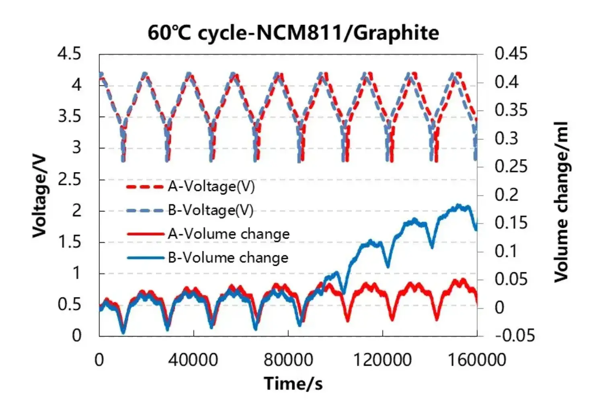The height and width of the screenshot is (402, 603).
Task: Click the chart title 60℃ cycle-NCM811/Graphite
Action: (293, 33)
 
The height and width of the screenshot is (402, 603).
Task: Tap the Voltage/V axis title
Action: (40, 197)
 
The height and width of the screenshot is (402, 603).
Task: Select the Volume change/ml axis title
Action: (561, 201)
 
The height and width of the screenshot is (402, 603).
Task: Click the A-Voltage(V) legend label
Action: (211, 187)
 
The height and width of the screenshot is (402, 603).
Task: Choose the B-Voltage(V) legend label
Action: (211, 210)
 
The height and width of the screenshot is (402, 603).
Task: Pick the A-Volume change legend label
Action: (229, 234)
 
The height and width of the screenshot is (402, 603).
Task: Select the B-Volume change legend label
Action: (228, 258)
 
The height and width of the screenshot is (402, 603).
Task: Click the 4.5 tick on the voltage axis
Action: (70, 54)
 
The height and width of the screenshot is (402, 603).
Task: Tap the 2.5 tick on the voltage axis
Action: (70, 179)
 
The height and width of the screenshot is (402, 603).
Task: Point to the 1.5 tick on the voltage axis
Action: (70, 242)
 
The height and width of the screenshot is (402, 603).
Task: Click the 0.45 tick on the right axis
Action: (511, 53)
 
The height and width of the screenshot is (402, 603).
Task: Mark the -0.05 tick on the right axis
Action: (515, 335)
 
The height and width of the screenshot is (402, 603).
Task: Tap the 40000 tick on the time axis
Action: (193, 359)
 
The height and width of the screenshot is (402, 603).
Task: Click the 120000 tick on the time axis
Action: (382, 359)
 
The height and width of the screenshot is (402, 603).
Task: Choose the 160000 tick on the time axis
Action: (477, 359)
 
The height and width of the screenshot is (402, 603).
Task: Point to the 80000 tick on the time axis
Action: (288, 359)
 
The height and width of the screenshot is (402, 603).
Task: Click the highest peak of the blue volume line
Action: (458, 205)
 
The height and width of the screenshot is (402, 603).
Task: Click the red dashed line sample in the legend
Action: (145, 187)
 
